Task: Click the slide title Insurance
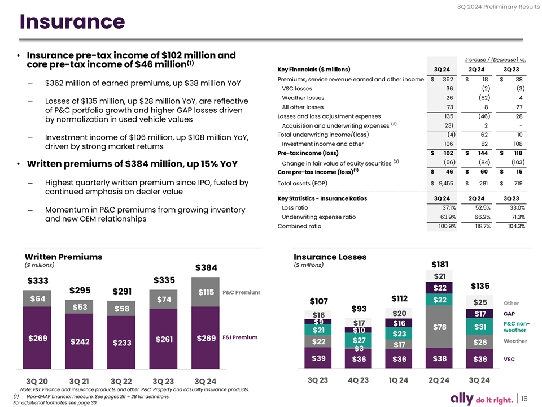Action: point(72,21)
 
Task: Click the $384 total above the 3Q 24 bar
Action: point(207,267)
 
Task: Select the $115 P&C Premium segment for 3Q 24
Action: point(207,292)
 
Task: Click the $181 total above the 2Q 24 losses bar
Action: point(440,264)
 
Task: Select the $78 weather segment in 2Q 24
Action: point(440,327)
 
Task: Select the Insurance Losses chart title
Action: point(330,257)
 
